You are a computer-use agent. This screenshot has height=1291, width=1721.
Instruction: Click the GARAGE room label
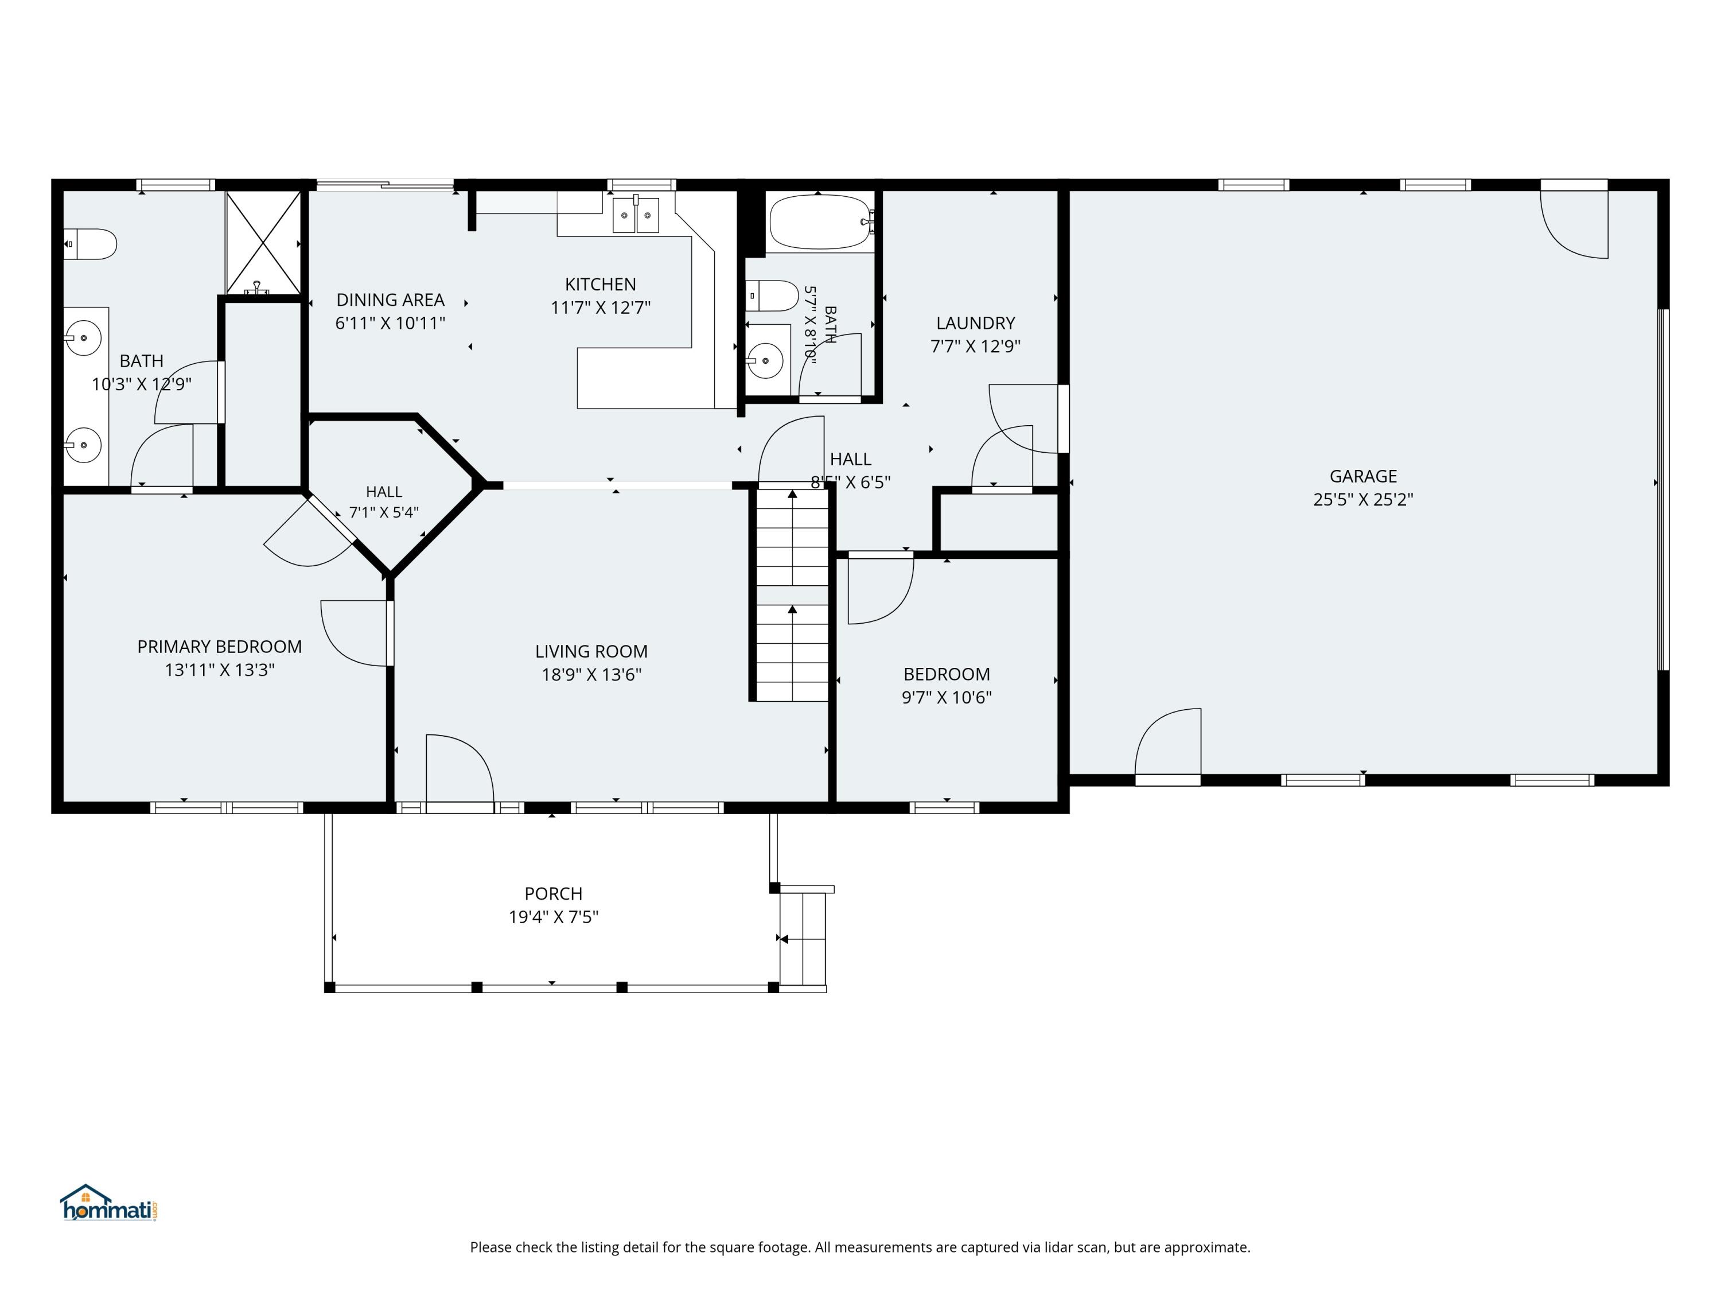[1363, 476]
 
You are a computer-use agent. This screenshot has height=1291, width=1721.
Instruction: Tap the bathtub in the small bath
[821, 222]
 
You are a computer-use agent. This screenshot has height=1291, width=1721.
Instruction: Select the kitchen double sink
[636, 215]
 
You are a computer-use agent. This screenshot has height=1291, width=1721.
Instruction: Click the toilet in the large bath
[89, 244]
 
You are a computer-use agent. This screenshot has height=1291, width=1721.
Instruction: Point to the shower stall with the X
[264, 243]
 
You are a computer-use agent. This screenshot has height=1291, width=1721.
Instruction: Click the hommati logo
[109, 1203]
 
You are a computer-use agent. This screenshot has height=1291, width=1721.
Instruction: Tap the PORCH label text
[553, 893]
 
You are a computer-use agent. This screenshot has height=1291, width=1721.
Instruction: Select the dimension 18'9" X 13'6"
[591, 675]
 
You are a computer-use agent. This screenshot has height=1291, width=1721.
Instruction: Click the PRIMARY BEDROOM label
[219, 647]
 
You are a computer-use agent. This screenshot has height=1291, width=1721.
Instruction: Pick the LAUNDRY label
[976, 323]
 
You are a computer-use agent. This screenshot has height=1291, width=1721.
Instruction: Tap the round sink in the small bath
[765, 361]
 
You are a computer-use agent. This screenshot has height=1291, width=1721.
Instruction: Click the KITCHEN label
[600, 284]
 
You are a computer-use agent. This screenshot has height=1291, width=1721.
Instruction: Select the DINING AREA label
[390, 300]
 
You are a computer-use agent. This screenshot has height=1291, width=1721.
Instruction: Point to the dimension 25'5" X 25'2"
[1363, 500]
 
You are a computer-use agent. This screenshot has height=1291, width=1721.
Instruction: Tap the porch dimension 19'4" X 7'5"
[553, 917]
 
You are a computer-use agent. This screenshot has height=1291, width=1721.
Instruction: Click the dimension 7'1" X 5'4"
[384, 512]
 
